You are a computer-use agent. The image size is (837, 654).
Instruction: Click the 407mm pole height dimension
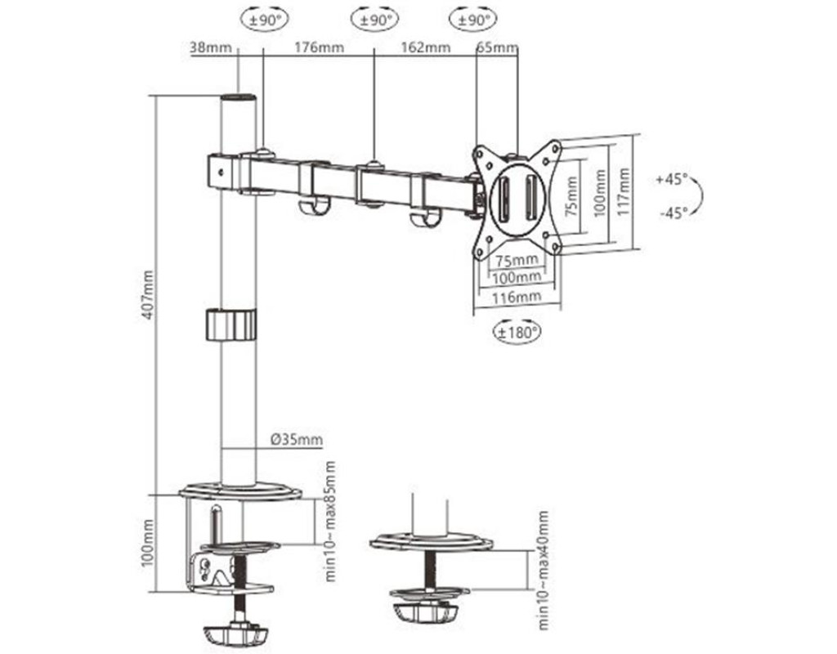click(x=148, y=295)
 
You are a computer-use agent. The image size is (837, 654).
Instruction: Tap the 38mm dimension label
click(x=211, y=47)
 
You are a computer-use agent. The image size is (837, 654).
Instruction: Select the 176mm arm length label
click(x=320, y=47)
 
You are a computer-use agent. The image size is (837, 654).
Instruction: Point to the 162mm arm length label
click(x=425, y=47)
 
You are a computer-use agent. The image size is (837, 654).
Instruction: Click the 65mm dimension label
click(x=497, y=47)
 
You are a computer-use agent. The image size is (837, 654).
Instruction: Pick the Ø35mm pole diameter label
click(x=297, y=439)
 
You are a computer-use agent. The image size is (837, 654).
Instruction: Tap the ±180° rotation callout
click(x=517, y=333)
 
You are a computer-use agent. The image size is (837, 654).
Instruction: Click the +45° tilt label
click(x=672, y=179)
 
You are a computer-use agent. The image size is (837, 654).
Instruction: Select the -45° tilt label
click(x=674, y=213)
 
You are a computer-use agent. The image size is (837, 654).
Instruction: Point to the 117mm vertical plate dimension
click(x=624, y=191)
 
